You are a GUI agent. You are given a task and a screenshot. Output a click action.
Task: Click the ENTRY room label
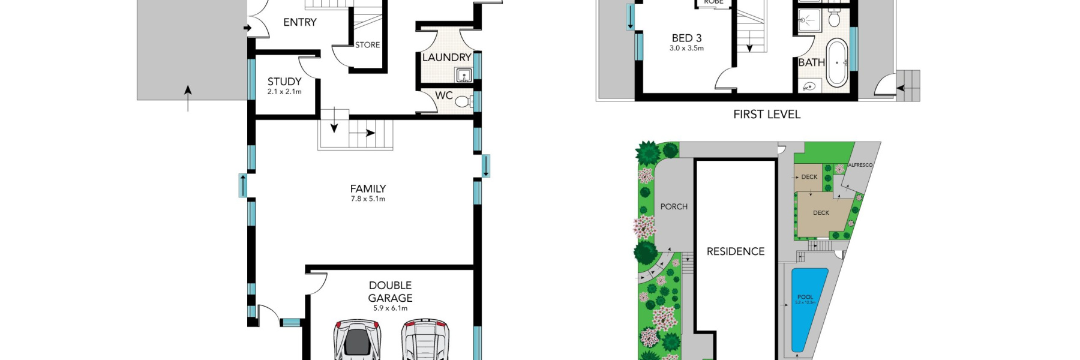click(299, 22)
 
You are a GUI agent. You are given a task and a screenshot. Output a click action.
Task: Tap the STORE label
click(367, 45)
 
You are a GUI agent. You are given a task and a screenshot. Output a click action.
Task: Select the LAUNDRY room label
click(446, 58)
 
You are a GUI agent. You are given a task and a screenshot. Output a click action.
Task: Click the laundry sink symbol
click(463, 76)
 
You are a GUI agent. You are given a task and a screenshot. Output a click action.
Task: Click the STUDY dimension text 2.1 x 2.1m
click(284, 92)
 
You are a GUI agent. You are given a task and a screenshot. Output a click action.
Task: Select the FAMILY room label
click(368, 188)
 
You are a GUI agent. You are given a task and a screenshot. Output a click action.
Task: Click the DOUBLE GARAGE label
click(390, 292)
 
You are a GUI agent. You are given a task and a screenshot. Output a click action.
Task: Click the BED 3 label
click(686, 38)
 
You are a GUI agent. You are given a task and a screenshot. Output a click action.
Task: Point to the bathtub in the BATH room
click(836, 63)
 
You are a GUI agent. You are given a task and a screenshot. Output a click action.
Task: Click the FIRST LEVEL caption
click(766, 114)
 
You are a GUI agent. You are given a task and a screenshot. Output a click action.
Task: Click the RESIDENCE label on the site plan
click(735, 251)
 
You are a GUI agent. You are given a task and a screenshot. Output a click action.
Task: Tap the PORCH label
click(674, 206)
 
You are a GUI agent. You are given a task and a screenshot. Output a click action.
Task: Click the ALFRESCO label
click(860, 165)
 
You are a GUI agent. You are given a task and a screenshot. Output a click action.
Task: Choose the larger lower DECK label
click(821, 213)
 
